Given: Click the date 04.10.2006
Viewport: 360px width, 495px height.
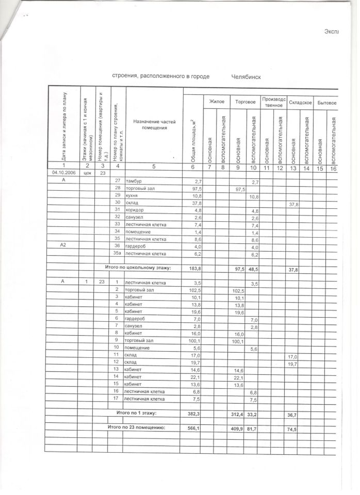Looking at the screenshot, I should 62,173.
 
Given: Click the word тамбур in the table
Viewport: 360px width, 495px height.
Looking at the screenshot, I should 134,181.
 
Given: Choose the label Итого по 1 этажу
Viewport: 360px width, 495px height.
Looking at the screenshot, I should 136,413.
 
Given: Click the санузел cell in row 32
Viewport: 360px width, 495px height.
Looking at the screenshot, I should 135,218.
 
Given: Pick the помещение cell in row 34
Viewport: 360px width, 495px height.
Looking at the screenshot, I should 138,232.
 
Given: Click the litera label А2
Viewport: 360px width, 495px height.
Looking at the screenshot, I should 63,246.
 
